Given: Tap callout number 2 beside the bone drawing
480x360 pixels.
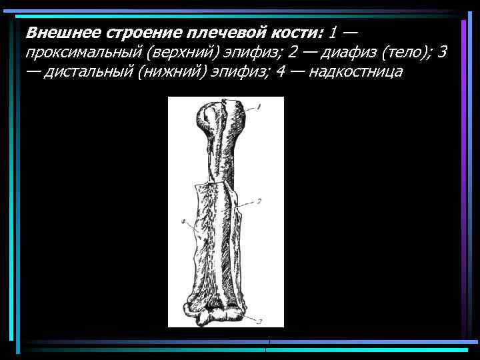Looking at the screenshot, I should tap(259, 201).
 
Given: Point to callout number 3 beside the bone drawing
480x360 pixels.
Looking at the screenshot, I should tap(260, 321).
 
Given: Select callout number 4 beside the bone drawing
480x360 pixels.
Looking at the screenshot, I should tap(183, 221).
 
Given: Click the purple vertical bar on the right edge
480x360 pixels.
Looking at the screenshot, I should tap(463, 180).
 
